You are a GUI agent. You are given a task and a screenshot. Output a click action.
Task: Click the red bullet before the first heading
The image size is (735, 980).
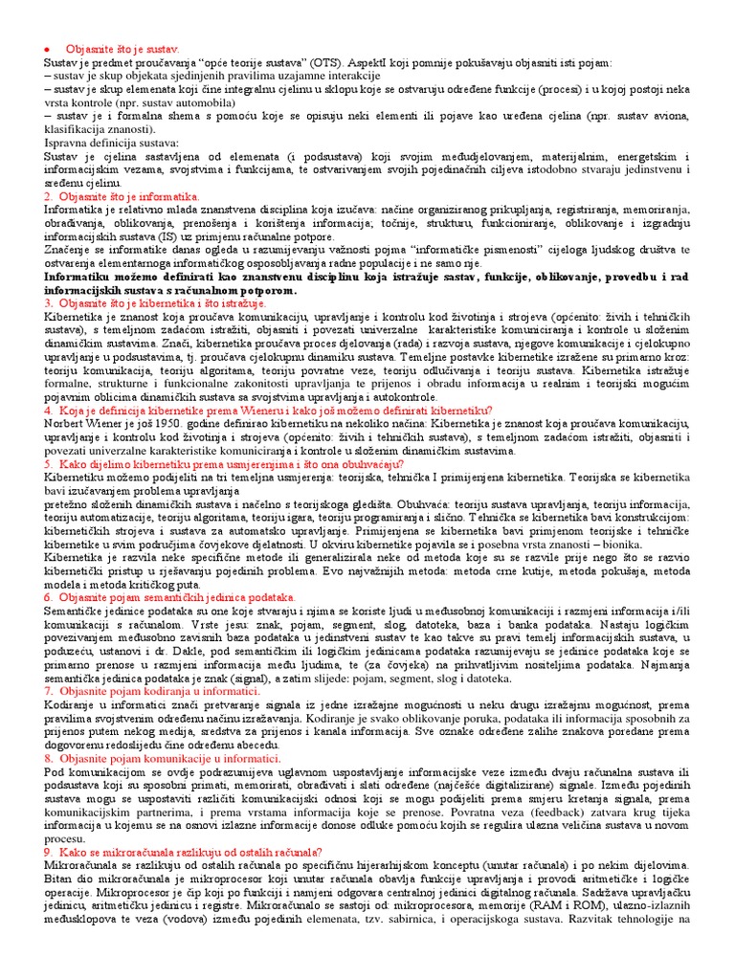click(48, 48)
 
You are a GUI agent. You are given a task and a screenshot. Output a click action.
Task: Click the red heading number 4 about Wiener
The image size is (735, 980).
click(48, 410)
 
